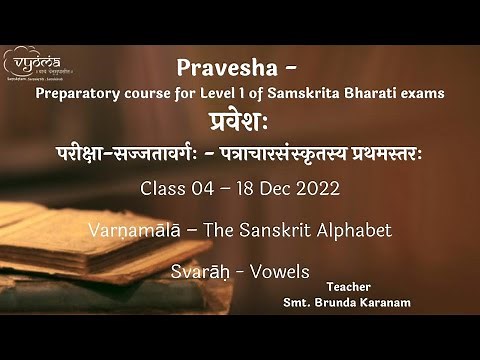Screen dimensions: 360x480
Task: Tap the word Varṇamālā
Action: click(x=149, y=231)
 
